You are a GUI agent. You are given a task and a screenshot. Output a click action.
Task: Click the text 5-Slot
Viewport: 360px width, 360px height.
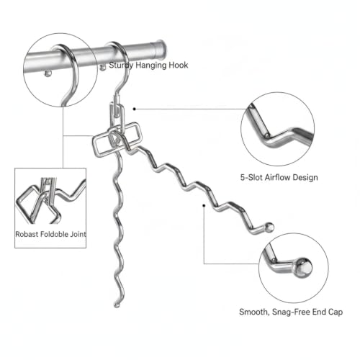click(252, 177)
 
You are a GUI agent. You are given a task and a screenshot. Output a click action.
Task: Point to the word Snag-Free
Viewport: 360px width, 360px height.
click(291, 312)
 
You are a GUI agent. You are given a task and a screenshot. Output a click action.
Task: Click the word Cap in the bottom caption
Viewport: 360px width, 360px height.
click(336, 312)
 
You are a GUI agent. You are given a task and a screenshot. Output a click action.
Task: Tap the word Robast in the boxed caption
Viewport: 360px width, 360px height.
click(27, 234)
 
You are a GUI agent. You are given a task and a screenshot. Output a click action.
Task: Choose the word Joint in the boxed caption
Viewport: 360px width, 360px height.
click(78, 234)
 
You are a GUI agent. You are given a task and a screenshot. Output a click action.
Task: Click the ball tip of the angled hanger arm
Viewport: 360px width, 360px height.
click(269, 227)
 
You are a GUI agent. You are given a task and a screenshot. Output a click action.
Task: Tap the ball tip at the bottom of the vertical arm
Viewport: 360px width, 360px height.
click(117, 305)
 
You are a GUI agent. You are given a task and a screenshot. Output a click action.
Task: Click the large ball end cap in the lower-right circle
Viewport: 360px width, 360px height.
click(303, 268)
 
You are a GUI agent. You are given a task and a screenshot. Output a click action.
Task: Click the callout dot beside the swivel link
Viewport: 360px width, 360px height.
click(135, 109)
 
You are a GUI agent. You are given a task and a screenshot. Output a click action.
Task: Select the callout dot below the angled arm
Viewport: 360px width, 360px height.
click(204, 205)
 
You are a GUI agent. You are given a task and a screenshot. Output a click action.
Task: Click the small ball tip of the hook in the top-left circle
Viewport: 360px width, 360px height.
click(48, 73)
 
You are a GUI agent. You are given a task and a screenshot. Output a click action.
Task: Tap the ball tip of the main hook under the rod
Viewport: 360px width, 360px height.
click(103, 68)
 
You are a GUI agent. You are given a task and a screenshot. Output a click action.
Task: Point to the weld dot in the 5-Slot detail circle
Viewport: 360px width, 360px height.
click(267, 136)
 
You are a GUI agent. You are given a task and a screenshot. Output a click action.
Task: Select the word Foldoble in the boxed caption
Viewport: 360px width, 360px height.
click(54, 234)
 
